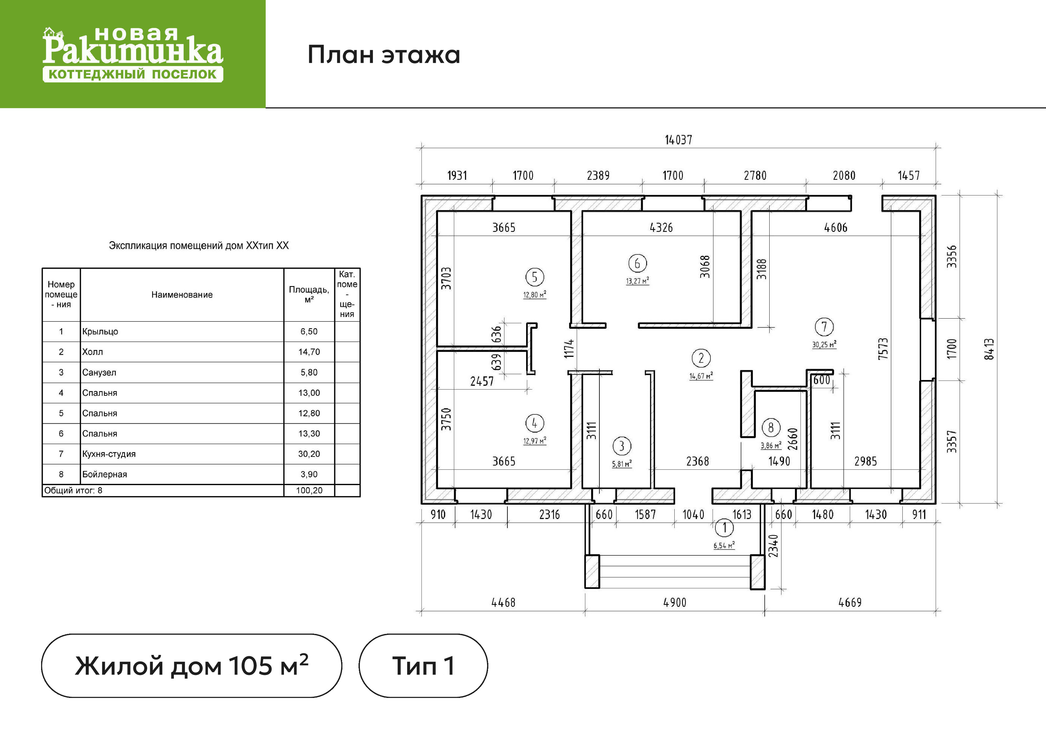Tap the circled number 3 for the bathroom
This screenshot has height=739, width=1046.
click(x=621, y=446)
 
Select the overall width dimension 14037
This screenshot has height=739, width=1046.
click(x=678, y=140)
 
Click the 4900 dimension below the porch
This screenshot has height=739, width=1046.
click(x=675, y=602)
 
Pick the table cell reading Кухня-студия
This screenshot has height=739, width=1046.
click(x=109, y=454)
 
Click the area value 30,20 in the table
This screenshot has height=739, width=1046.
click(x=309, y=454)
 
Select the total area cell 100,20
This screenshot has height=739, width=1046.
click(x=309, y=490)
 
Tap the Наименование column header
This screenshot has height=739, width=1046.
click(x=182, y=295)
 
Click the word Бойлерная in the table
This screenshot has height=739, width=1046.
click(x=104, y=475)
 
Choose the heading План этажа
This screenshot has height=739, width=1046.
click(x=384, y=55)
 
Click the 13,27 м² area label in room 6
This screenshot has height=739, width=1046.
click(x=637, y=281)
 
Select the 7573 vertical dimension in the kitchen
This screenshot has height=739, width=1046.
click(x=883, y=349)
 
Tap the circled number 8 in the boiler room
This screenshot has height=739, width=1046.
click(x=771, y=428)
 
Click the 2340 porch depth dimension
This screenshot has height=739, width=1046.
click(x=774, y=546)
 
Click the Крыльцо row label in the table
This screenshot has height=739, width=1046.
click(x=100, y=331)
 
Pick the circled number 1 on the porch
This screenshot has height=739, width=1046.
click(x=724, y=528)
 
